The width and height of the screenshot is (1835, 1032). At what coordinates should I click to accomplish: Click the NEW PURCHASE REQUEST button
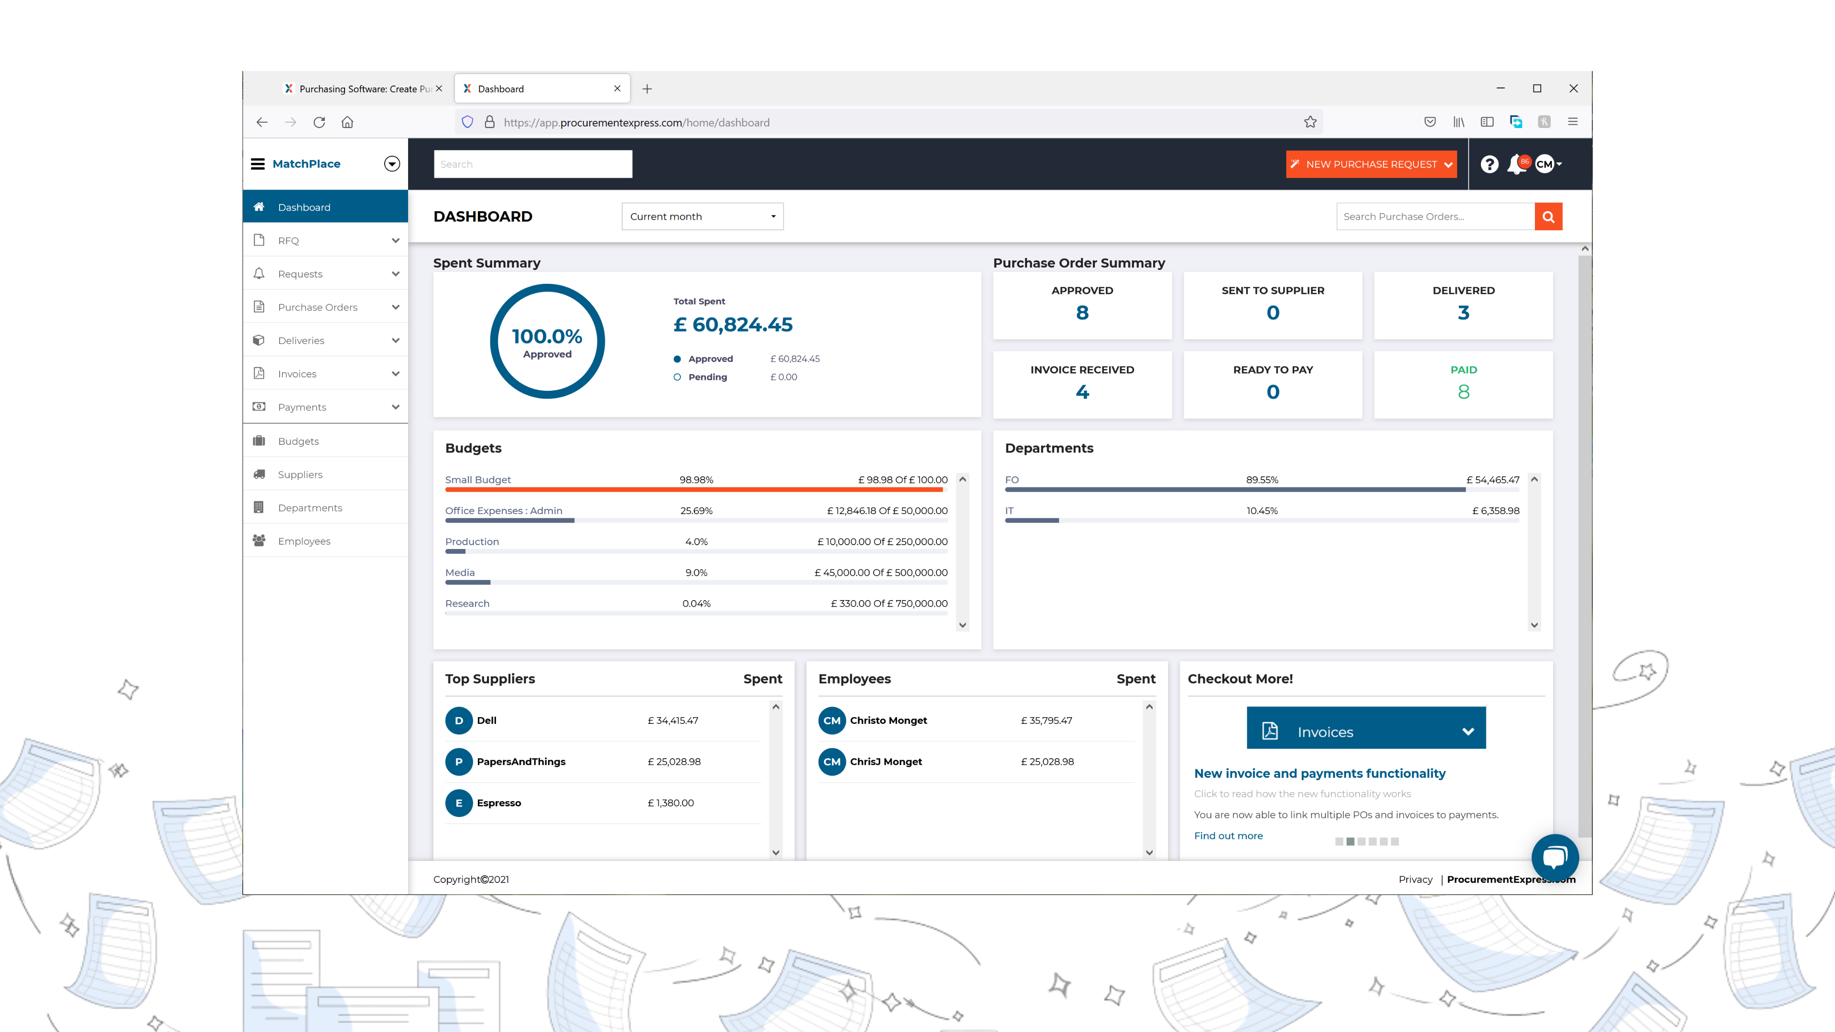tap(1370, 164)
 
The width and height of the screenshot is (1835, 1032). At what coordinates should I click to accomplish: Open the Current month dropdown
tap(702, 216)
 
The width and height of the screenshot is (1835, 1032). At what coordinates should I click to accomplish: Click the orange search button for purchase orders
tap(1548, 216)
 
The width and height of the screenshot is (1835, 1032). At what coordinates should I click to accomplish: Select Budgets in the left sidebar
tap(299, 441)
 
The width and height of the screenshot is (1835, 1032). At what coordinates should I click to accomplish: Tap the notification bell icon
tap(1516, 164)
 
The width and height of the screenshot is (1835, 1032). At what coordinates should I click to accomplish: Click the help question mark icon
tap(1489, 164)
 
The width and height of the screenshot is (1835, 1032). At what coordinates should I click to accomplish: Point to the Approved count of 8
tap(1082, 312)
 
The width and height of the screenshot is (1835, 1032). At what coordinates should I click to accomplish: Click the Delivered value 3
tap(1463, 312)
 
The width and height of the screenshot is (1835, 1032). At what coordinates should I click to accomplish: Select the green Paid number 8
tap(1463, 392)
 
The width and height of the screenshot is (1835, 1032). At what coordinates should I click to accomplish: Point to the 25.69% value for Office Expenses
tap(696, 511)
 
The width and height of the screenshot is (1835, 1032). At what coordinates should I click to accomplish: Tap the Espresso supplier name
tap(498, 803)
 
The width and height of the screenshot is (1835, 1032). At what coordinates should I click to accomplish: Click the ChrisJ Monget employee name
tap(885, 762)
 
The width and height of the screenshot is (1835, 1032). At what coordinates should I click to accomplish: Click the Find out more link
tap(1228, 836)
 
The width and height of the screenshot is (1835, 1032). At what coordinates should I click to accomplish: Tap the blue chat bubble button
tap(1554, 857)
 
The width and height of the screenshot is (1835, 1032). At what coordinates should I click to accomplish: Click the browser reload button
tap(319, 122)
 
